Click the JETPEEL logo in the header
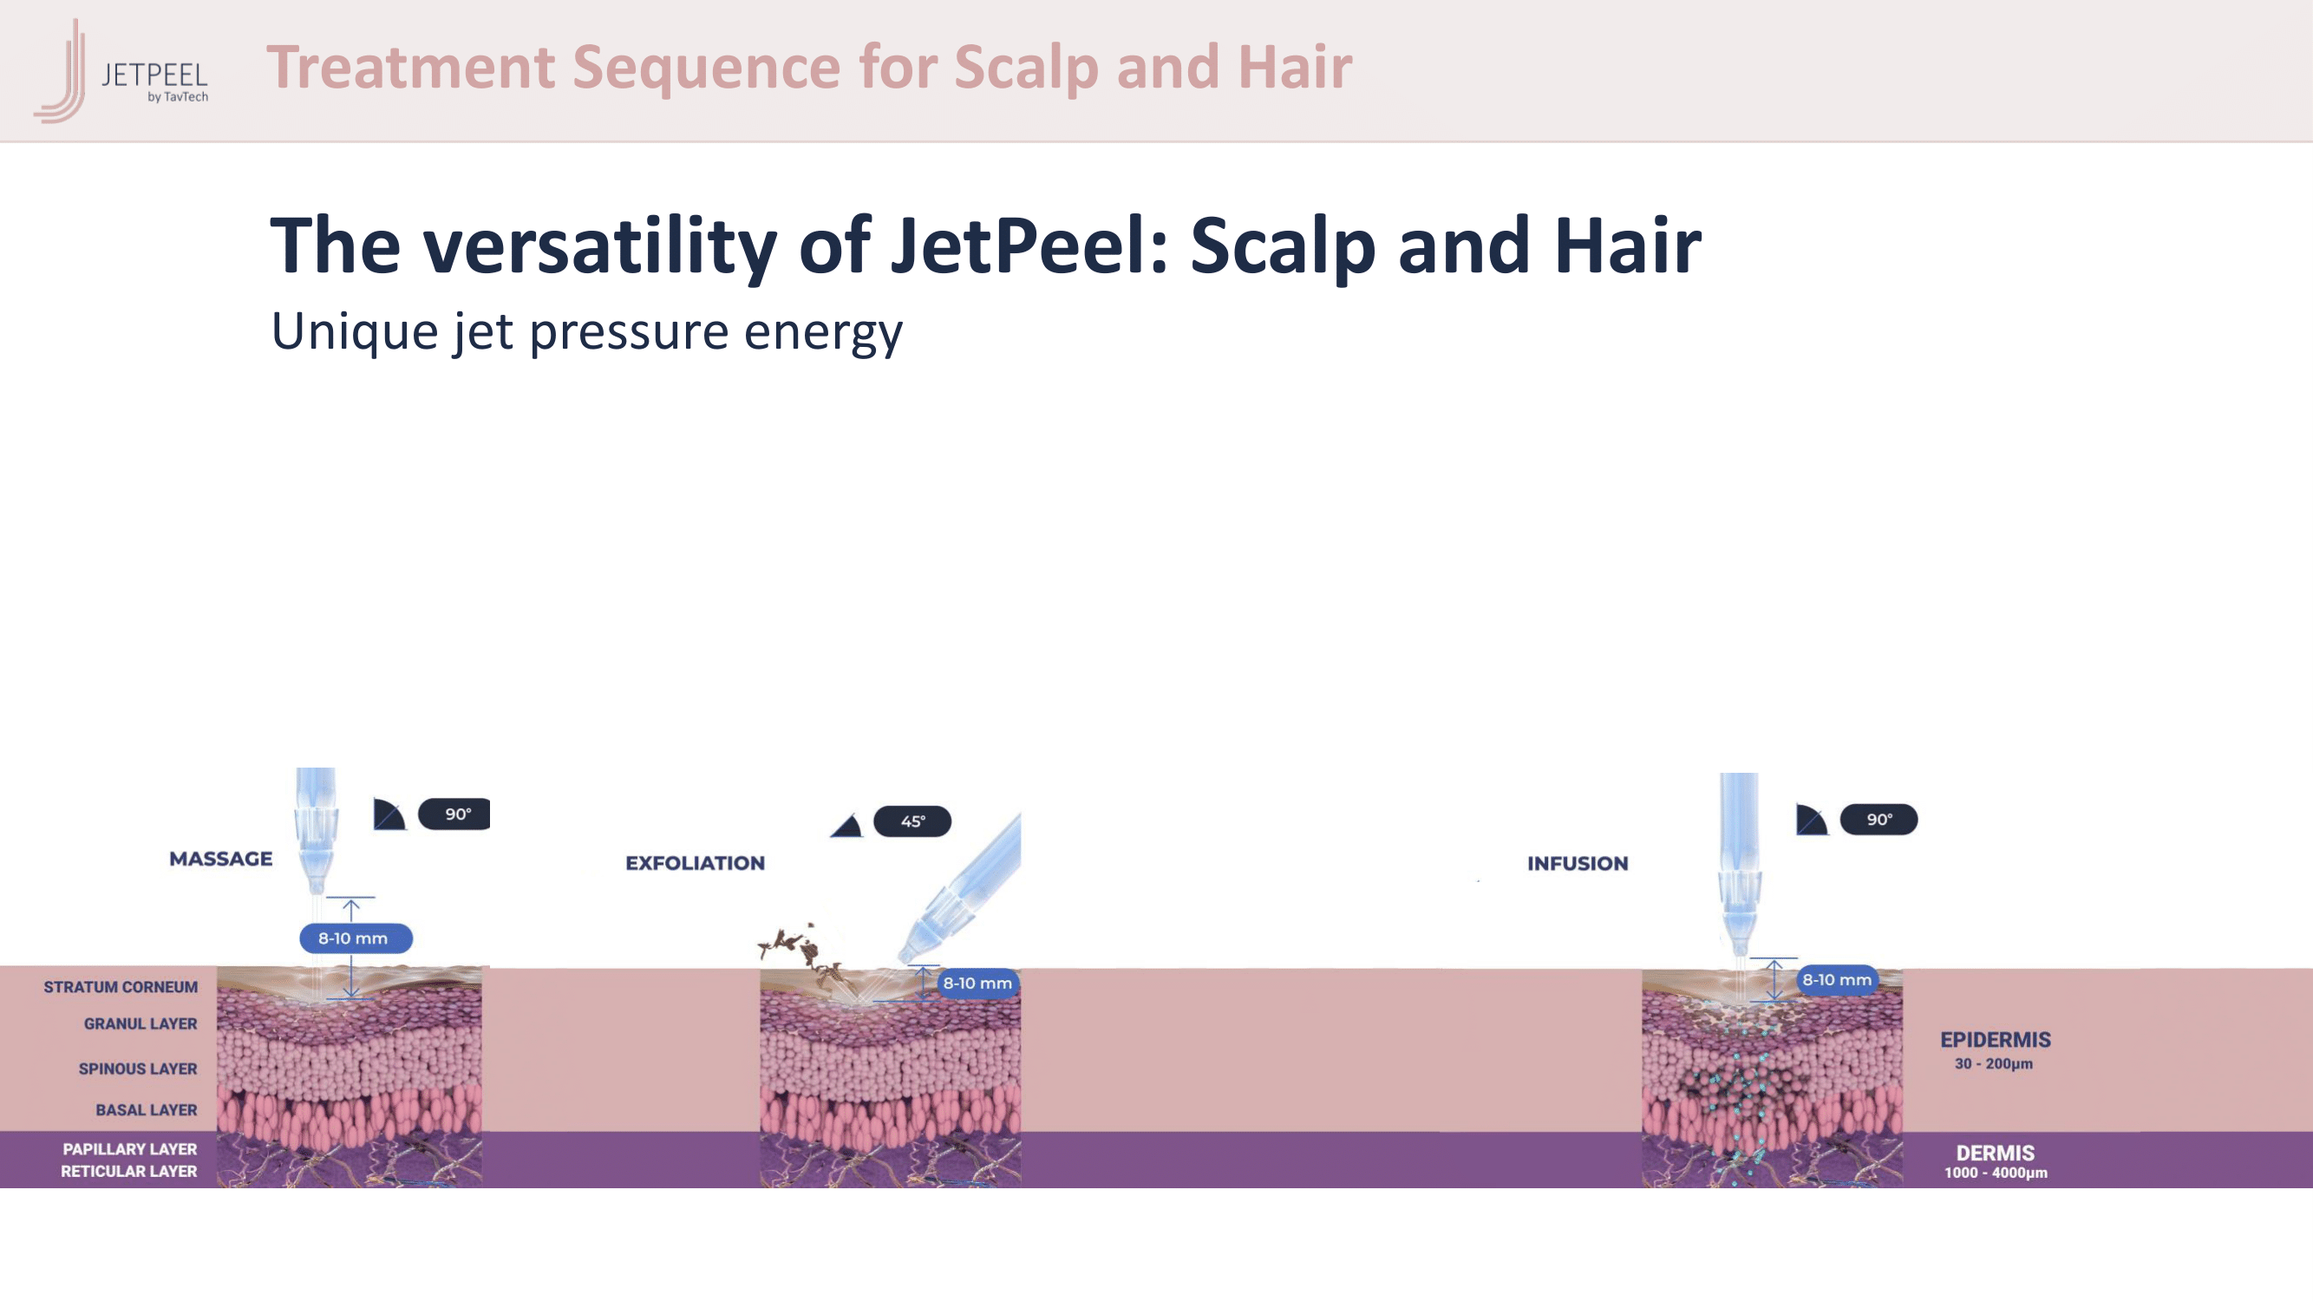121,70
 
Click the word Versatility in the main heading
600,245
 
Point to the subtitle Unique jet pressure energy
586,332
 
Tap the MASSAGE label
221,860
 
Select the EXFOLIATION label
695,864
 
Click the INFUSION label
1578,864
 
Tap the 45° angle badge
912,821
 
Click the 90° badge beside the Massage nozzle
454,814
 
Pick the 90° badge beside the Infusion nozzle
1878,820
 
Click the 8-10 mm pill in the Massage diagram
356,938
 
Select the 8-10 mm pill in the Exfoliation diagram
977,984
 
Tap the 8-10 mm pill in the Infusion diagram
1837,979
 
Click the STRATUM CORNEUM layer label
121,988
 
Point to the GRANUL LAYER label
140,1024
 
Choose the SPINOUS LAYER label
137,1069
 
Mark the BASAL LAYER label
147,1111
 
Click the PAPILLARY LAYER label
129,1150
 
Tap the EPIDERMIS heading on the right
1995,1041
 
